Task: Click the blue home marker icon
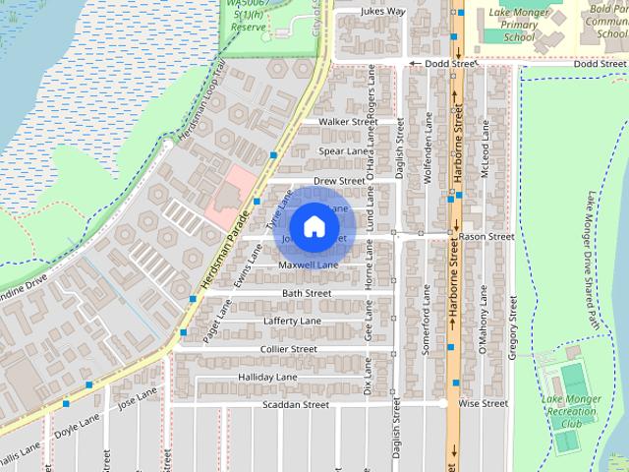click(314, 226)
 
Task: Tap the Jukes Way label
click(356, 12)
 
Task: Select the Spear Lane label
click(342, 151)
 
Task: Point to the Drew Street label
click(339, 182)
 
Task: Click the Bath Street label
click(306, 293)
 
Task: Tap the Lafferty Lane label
click(292, 322)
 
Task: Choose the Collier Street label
click(289, 349)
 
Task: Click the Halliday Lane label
click(267, 378)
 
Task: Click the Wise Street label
click(483, 403)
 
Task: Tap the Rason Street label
click(486, 237)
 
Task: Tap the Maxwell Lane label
click(308, 265)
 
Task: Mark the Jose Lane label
click(137, 397)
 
